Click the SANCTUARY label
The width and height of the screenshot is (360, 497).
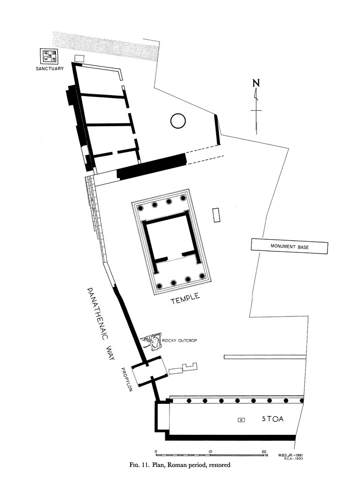(x=50, y=68)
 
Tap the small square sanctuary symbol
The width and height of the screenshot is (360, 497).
(x=49, y=56)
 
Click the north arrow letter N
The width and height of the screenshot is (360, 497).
(x=256, y=83)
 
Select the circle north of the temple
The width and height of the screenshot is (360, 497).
(x=178, y=121)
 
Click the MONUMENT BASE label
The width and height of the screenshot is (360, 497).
(x=290, y=246)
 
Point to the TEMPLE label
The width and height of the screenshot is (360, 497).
(x=186, y=298)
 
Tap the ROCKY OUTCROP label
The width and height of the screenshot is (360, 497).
(x=180, y=340)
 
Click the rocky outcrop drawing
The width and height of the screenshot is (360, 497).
(x=152, y=342)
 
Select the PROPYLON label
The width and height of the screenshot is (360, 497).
(x=126, y=380)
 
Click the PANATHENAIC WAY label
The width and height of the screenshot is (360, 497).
(x=101, y=324)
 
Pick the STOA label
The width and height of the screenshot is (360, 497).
(x=273, y=419)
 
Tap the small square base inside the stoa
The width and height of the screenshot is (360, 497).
(x=241, y=420)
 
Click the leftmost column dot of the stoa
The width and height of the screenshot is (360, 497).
(x=189, y=400)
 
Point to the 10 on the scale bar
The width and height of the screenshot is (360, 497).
(x=210, y=452)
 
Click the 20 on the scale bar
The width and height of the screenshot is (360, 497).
(x=264, y=452)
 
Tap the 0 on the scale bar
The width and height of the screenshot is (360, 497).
(x=156, y=452)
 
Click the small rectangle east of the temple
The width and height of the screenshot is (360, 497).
(x=217, y=215)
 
